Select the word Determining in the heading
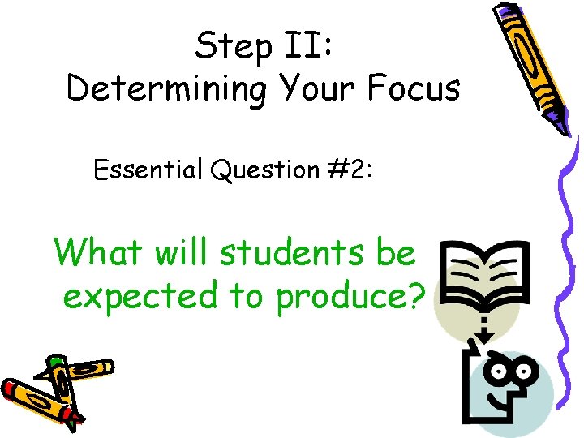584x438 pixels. tap(165, 88)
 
